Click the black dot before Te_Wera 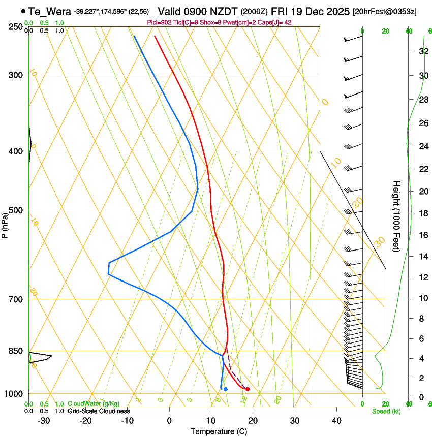click(x=23, y=11)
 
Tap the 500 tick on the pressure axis click(x=16, y=210)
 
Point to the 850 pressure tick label click(x=16, y=351)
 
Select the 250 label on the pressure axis click(x=16, y=27)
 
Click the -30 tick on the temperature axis click(x=44, y=421)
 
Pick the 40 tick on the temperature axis click(x=336, y=421)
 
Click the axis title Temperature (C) click(x=219, y=431)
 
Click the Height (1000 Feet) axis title click(x=396, y=216)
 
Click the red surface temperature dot click(x=248, y=389)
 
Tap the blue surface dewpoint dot click(x=225, y=389)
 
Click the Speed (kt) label click(x=386, y=411)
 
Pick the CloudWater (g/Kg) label click(x=94, y=404)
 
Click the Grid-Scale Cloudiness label click(x=98, y=411)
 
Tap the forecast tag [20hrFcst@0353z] click(x=384, y=12)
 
